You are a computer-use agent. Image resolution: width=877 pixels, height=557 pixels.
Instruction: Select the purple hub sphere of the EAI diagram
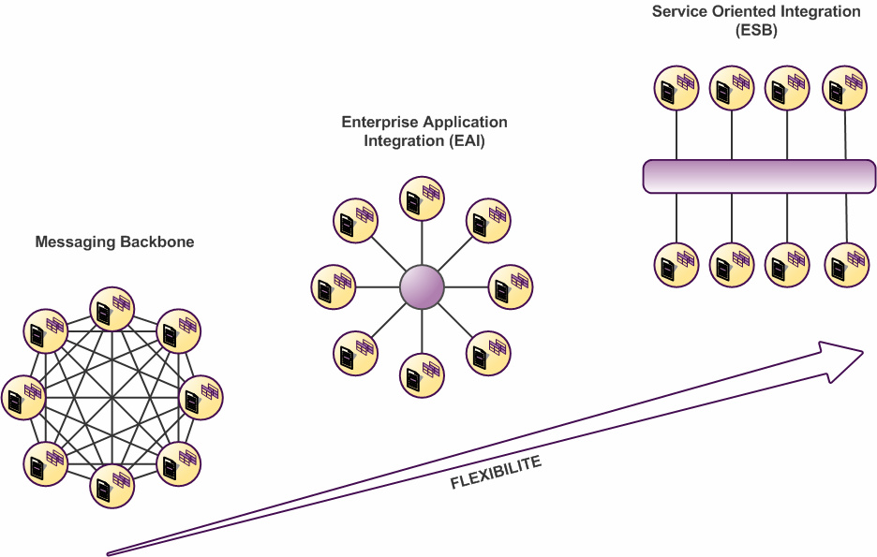click(x=422, y=286)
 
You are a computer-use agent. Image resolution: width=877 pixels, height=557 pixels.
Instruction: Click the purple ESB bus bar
click(x=759, y=176)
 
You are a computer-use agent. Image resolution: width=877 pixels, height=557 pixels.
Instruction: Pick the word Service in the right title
click(x=676, y=12)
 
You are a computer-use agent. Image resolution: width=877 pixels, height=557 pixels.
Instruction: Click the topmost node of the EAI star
click(x=422, y=198)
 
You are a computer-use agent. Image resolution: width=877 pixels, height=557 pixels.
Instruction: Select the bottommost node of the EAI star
click(x=422, y=375)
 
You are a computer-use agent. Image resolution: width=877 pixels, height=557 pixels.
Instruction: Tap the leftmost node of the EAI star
click(x=333, y=286)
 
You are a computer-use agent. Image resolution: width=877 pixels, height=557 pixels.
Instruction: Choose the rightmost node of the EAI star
click(x=511, y=286)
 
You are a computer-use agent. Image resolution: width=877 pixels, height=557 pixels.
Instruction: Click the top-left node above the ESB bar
click(x=676, y=88)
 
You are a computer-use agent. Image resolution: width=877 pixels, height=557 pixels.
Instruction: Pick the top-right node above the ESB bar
click(x=845, y=88)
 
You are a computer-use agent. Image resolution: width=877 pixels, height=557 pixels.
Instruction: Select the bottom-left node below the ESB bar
click(x=676, y=265)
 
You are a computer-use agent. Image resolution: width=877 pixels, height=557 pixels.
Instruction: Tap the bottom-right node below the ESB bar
click(x=845, y=265)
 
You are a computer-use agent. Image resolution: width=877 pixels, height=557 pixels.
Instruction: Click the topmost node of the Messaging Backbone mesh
click(x=112, y=309)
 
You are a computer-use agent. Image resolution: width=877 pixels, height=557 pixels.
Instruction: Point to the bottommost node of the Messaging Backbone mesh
click(x=112, y=485)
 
